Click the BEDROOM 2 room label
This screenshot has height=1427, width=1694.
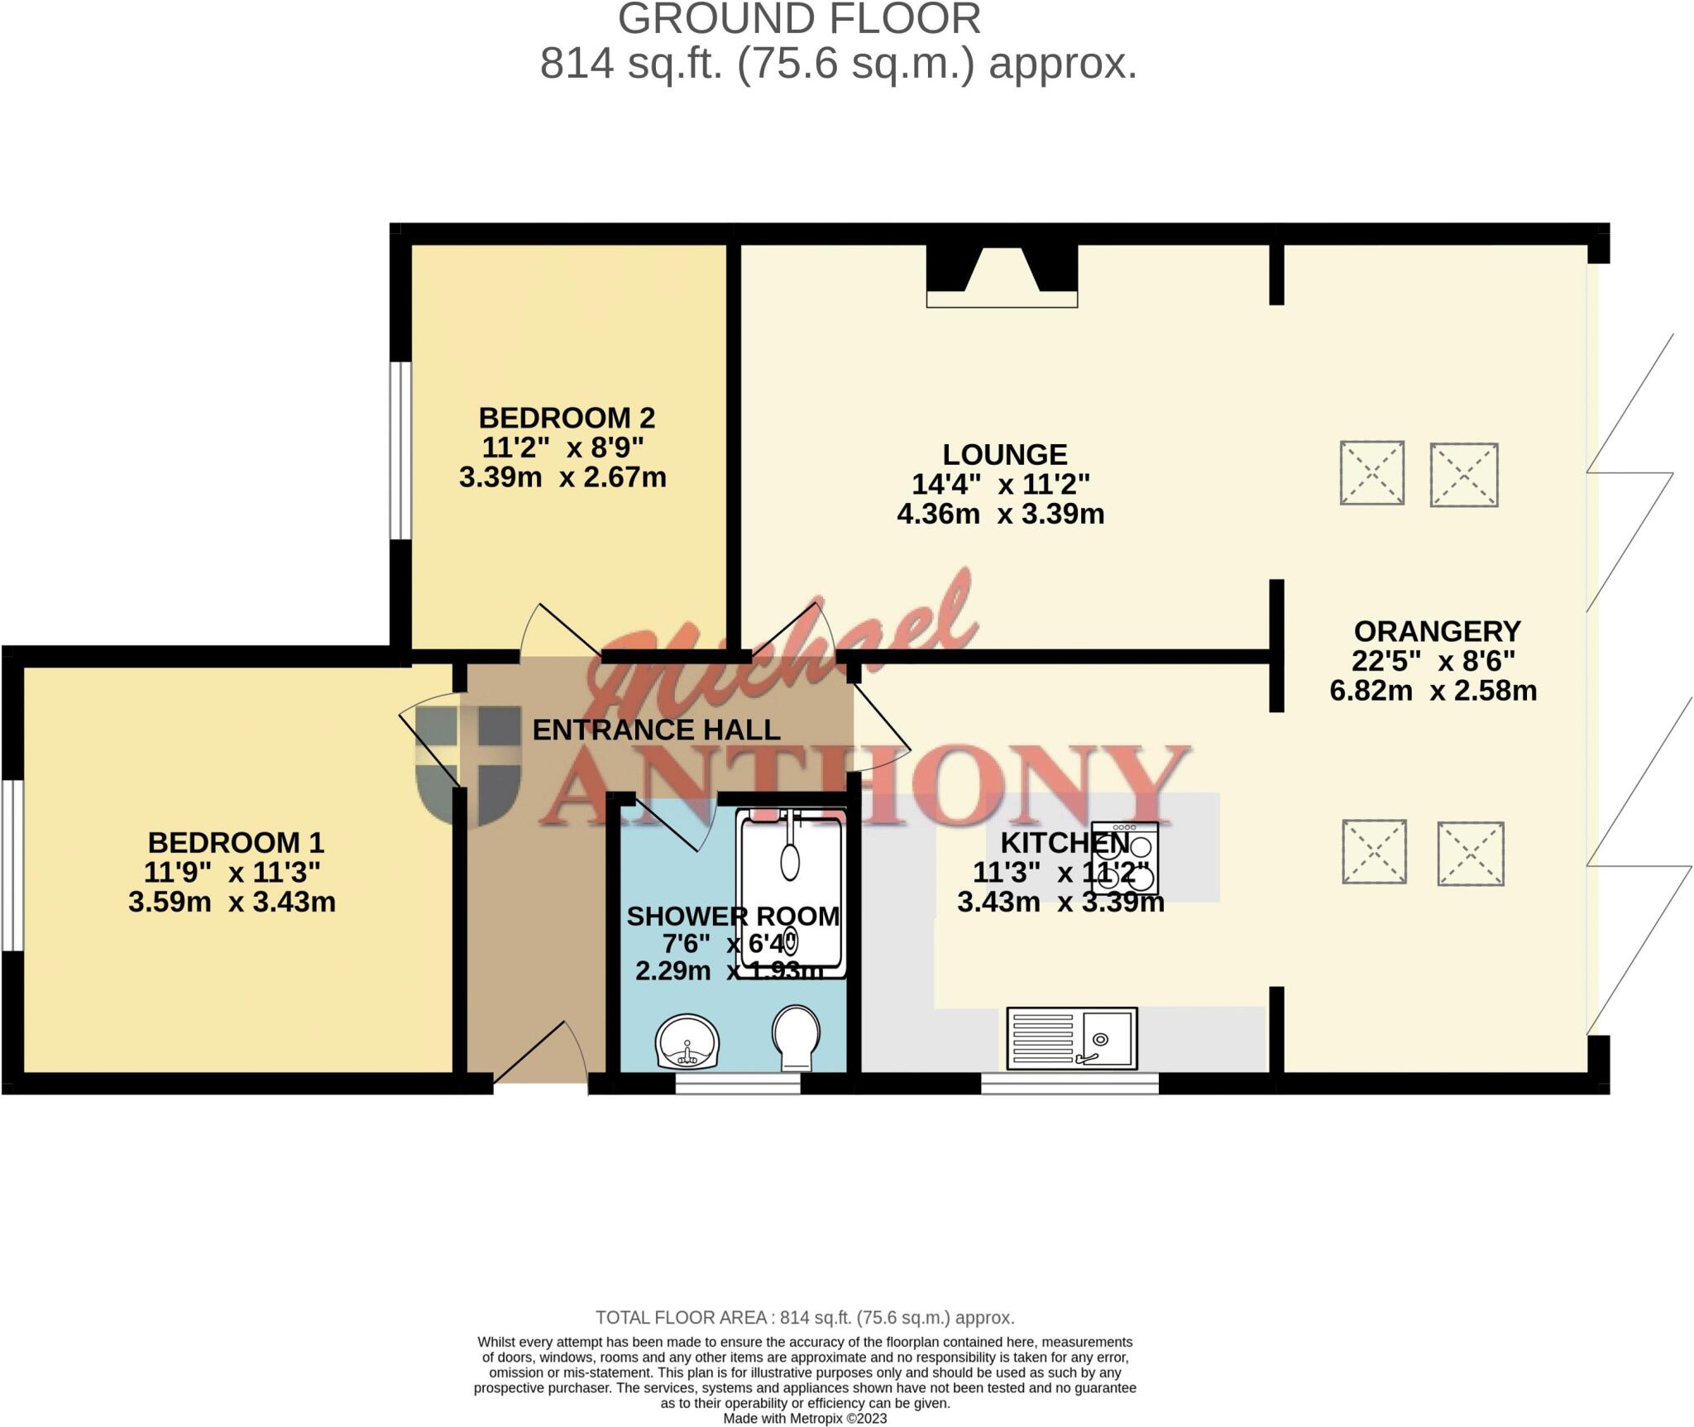click(567, 418)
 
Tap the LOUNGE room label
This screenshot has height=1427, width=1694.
click(1005, 454)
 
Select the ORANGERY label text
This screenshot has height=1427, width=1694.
click(1437, 631)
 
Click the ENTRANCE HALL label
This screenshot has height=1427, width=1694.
click(656, 730)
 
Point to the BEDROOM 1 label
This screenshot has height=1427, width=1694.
click(236, 842)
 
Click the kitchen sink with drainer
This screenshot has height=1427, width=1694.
click(1072, 1038)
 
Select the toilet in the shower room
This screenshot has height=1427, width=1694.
click(797, 1037)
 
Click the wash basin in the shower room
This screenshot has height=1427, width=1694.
click(687, 1042)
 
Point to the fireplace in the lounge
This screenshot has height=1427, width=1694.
click(1002, 275)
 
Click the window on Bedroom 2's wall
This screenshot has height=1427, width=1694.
click(400, 450)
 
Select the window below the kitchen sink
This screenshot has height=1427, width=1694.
click(1070, 1084)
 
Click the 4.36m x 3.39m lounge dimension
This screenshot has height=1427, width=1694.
click(1000, 514)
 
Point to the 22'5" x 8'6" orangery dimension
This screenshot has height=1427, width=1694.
click(1433, 661)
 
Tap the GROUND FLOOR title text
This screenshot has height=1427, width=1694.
click(799, 19)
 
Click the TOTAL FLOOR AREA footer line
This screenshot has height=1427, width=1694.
click(805, 1318)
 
